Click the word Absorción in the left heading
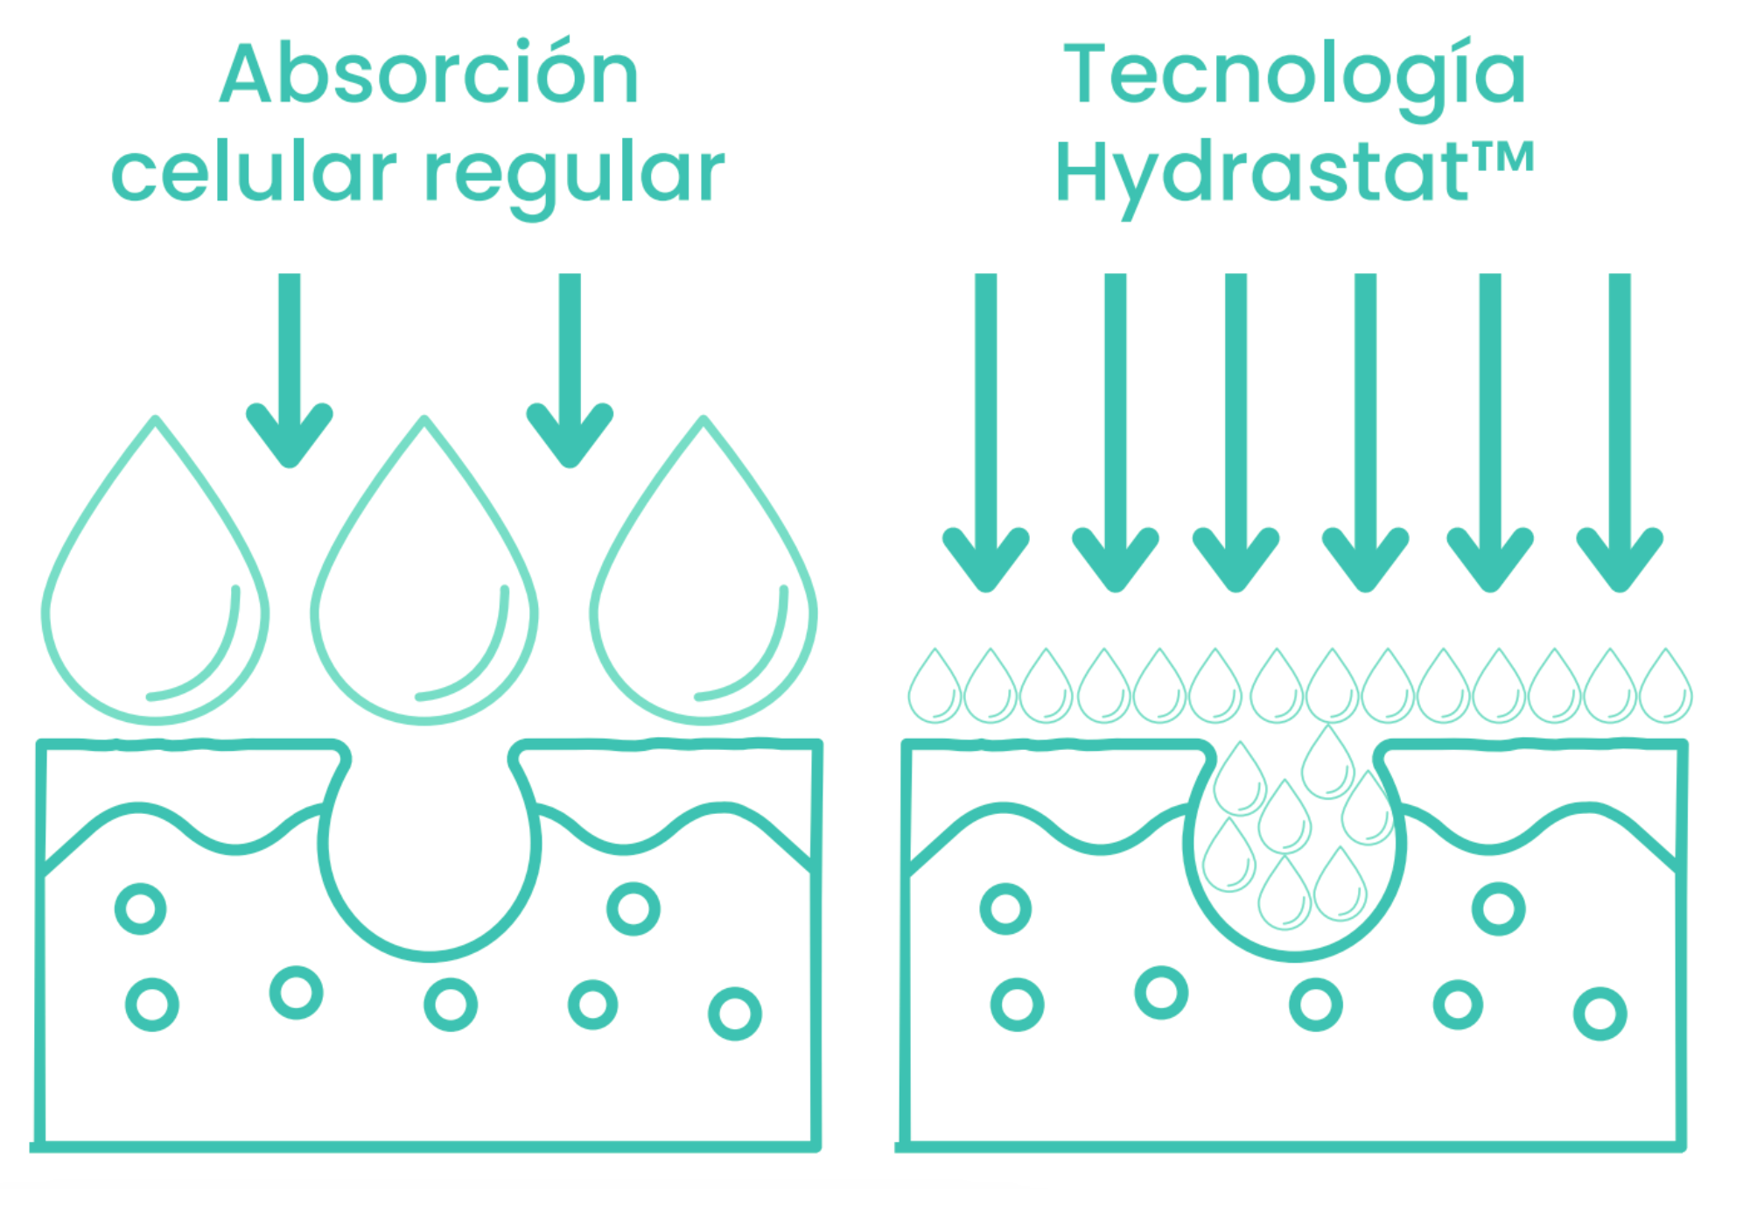429,74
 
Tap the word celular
254,172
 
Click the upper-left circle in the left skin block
141,908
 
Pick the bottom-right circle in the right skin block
1600,1013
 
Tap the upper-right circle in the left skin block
633,908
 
